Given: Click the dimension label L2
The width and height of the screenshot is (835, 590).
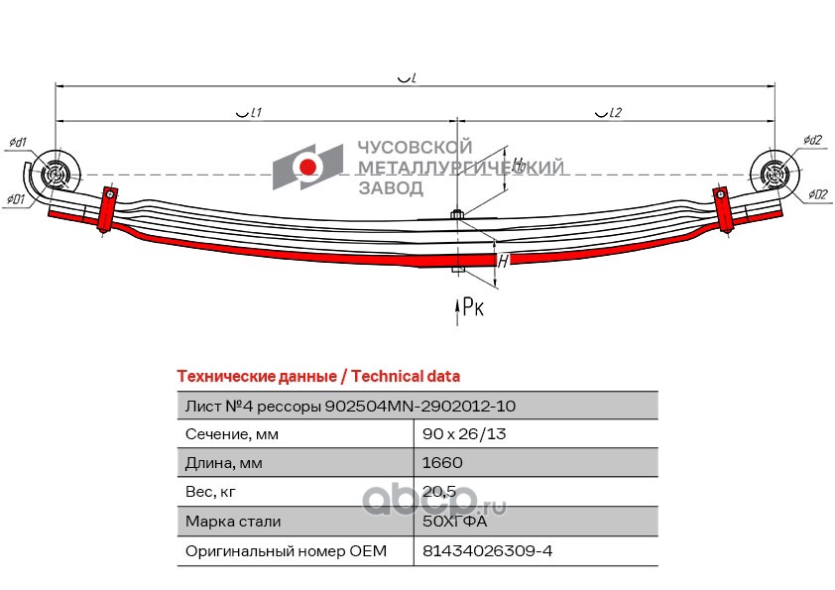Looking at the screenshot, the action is (609, 114).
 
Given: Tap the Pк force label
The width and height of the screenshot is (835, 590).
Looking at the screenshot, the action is (473, 308).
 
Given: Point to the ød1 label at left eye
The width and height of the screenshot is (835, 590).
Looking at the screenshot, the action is (18, 142).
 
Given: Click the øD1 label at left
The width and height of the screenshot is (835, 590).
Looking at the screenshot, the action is (15, 199).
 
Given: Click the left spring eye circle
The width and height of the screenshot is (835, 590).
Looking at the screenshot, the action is (54, 177).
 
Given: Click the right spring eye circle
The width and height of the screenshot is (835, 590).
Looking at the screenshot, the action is (775, 175).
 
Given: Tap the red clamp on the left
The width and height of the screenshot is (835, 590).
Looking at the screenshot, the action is (106, 205).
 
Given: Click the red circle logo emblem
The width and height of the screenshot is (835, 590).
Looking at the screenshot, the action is (309, 167).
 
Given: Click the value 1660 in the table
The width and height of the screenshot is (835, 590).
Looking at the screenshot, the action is (442, 462).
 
